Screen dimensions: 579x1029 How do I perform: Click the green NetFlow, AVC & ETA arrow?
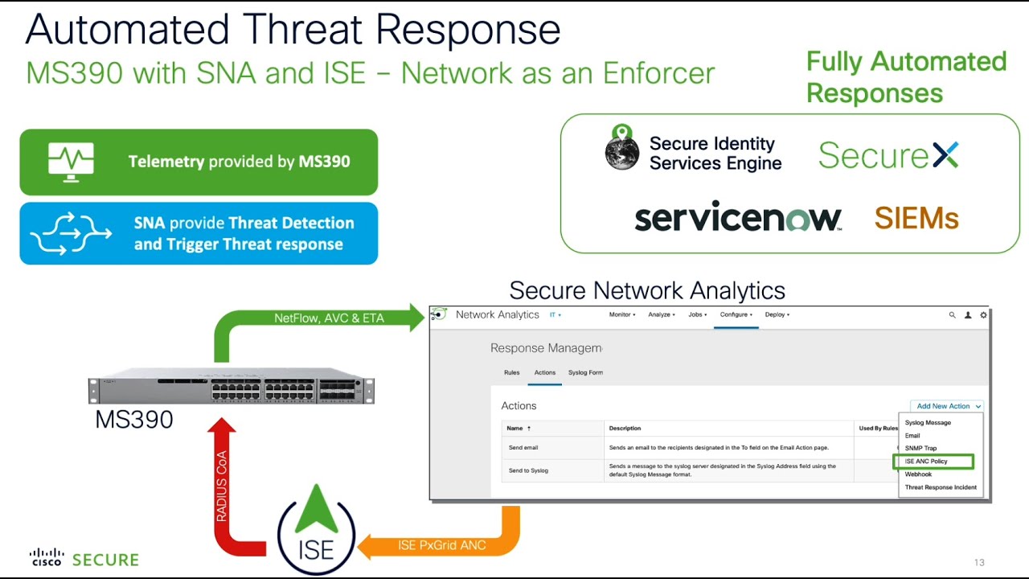(x=329, y=318)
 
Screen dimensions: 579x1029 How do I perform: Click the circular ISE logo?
(x=316, y=531)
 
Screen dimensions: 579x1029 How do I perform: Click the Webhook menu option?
(x=918, y=474)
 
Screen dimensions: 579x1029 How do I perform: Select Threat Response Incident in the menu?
(x=941, y=487)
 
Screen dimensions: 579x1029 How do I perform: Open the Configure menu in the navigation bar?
(x=736, y=314)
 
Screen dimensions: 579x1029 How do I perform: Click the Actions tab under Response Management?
(x=545, y=372)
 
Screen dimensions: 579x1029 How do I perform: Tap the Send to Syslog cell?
(x=528, y=470)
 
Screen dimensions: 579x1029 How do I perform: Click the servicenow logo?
(x=737, y=218)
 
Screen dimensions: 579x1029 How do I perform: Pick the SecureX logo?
(x=888, y=154)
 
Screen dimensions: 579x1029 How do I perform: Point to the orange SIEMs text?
(x=916, y=218)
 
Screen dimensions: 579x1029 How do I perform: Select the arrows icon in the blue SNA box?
(x=71, y=233)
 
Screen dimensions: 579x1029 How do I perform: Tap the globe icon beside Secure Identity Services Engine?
(x=621, y=148)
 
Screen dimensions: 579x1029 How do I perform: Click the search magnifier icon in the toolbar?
(x=953, y=315)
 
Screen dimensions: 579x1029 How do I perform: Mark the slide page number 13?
(x=978, y=562)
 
